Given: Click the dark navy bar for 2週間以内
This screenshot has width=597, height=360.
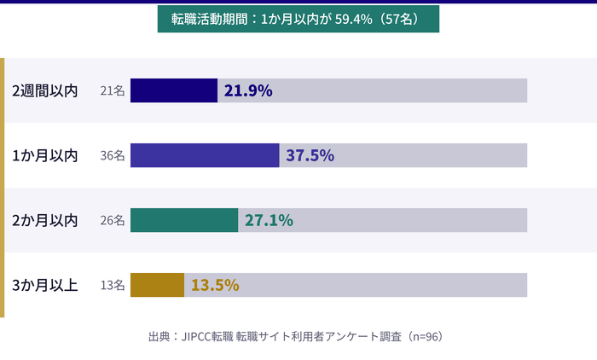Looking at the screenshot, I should pyautogui.click(x=174, y=90).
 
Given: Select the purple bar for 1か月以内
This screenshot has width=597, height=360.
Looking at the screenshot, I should pyautogui.click(x=205, y=155).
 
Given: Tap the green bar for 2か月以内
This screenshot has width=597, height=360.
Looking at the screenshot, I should pyautogui.click(x=184, y=220).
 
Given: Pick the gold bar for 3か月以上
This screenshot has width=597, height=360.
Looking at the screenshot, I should pyautogui.click(x=157, y=285).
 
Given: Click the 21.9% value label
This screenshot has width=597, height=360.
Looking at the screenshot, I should pyautogui.click(x=247, y=90).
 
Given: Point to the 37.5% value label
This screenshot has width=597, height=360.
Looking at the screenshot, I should pyautogui.click(x=310, y=155).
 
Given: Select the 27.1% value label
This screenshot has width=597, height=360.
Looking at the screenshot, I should pyautogui.click(x=269, y=220).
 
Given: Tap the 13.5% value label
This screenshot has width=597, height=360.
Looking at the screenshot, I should pyautogui.click(x=214, y=285).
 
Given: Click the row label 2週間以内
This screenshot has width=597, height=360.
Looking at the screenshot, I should pyautogui.click(x=44, y=90).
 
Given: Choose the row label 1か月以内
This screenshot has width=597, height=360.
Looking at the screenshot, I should pyautogui.click(x=44, y=155).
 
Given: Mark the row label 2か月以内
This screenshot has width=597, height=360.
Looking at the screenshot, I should pyautogui.click(x=44, y=220).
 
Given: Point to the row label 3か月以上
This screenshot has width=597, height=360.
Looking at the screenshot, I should pyautogui.click(x=44, y=285).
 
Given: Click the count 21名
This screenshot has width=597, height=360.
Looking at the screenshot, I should pyautogui.click(x=113, y=90).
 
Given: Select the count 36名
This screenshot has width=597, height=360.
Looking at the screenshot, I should pyautogui.click(x=113, y=155).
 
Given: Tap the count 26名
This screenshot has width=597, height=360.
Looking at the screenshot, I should pyautogui.click(x=113, y=220).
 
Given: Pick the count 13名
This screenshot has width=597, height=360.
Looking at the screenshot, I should pyautogui.click(x=113, y=285).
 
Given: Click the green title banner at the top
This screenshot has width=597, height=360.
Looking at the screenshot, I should pyautogui.click(x=298, y=19).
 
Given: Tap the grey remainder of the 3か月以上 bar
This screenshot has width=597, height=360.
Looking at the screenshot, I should pyautogui.click(x=384, y=285).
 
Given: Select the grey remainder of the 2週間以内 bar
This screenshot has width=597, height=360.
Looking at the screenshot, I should pyautogui.click(x=401, y=90).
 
